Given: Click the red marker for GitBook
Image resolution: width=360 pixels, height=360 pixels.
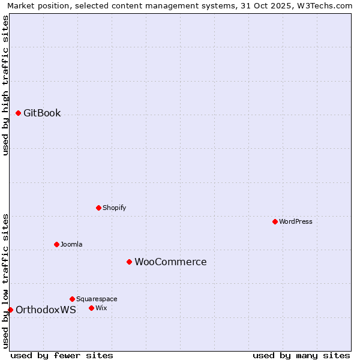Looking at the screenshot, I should tap(19, 113).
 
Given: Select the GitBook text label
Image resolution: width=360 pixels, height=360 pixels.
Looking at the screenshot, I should tap(42, 113).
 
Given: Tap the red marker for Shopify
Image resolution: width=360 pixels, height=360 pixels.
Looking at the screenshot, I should tap(99, 208).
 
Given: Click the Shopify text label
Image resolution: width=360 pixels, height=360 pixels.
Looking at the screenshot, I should tap(114, 208).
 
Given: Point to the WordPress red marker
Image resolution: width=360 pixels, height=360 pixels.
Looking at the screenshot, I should tap(275, 221).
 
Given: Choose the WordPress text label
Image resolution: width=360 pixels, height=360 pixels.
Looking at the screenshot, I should tap(296, 221).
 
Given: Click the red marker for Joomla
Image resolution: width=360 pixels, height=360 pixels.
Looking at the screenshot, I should tap(57, 244).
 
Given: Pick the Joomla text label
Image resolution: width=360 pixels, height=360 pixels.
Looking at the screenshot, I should tap(71, 244).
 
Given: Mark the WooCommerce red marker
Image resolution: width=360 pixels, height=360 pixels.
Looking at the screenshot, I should tap(129, 262).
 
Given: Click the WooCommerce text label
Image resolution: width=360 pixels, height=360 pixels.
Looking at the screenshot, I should tap(170, 262).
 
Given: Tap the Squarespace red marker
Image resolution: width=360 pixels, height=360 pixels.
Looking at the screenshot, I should tap(72, 299).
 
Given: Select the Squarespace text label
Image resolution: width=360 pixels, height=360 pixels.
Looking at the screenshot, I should tap(97, 299).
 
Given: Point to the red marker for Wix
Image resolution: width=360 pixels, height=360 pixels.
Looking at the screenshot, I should tap(91, 308).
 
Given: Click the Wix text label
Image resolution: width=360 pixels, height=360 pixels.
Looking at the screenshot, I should tap(101, 308).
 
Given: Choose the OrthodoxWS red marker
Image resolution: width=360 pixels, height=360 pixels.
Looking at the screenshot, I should tap(10, 310).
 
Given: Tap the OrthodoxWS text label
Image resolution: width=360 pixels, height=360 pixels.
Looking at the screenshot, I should tap(46, 310).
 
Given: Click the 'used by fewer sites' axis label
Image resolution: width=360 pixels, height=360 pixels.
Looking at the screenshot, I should tap(62, 355).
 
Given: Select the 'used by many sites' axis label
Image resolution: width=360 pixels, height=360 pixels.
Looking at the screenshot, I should tap(301, 355).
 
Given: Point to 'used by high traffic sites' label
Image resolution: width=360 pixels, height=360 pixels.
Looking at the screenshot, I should tap(5, 85).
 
